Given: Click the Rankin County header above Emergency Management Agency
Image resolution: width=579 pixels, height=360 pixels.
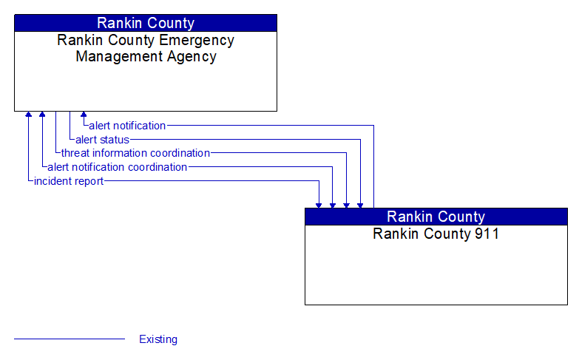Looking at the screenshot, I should [x=146, y=23].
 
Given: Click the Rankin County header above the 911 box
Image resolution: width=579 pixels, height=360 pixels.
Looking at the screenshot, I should [x=436, y=217].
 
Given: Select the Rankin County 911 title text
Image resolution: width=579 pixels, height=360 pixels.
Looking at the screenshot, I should [x=436, y=234].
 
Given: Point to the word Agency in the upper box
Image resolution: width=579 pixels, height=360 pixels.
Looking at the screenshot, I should [x=191, y=57].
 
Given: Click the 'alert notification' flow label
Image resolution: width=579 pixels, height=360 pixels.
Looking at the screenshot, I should [x=127, y=126].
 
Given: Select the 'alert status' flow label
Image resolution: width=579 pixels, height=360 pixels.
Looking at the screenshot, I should [x=102, y=140].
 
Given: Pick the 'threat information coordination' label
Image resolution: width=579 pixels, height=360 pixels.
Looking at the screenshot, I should [x=135, y=153].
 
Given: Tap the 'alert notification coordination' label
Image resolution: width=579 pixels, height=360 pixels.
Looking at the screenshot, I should [x=117, y=167].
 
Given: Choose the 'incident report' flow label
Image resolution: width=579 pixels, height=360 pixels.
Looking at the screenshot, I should [x=69, y=181].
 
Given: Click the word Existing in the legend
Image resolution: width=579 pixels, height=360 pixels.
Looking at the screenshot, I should [x=158, y=339].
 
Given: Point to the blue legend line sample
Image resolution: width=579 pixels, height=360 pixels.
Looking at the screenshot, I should [x=70, y=339].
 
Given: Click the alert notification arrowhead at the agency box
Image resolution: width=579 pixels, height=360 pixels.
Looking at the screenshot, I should [x=84, y=115].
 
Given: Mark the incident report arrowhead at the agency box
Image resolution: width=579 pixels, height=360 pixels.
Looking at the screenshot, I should [x=28, y=115].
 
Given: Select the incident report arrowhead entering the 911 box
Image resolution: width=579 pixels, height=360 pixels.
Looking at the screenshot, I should [x=319, y=204].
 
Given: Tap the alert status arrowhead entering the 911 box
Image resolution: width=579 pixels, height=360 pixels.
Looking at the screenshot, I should [x=360, y=204].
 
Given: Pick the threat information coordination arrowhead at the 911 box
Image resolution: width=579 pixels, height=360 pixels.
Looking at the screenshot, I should [x=346, y=204].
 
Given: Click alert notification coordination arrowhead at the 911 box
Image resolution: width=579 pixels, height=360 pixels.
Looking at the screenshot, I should [x=333, y=204].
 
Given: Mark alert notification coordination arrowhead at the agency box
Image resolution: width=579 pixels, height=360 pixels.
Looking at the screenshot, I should [x=42, y=115].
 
